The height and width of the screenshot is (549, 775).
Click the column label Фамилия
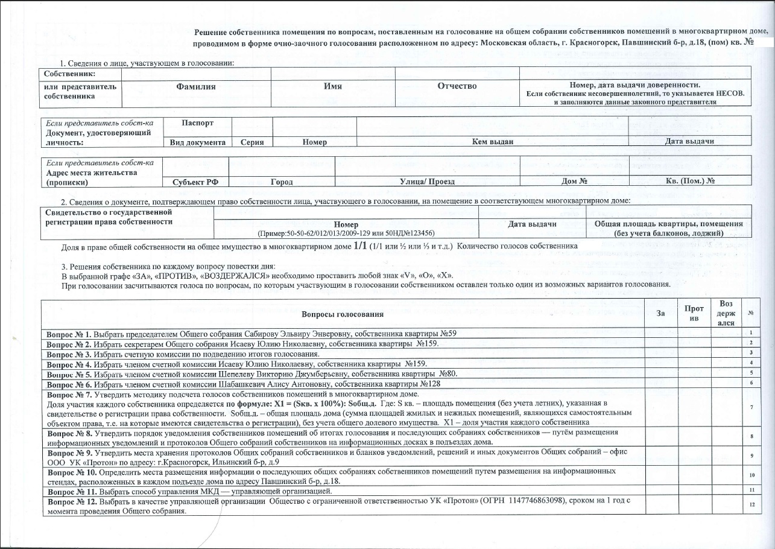click(195, 86)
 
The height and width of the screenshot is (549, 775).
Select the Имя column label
click(332, 86)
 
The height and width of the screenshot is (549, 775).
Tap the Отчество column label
click(457, 86)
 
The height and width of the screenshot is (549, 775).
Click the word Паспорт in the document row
click(197, 122)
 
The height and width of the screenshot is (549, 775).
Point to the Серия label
click(250, 142)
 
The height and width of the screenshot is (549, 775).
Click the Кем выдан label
click(492, 142)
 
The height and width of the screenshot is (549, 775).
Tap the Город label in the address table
click(282, 181)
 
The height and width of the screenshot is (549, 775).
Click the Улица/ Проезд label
click(427, 181)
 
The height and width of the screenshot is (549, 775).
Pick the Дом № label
click(574, 181)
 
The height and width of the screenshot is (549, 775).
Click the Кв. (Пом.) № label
click(690, 181)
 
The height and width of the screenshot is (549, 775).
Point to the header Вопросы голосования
click(343, 314)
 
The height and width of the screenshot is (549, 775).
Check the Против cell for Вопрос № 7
click(693, 407)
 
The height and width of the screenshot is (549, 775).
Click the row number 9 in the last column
click(751, 455)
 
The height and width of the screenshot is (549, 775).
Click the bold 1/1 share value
click(360, 246)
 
